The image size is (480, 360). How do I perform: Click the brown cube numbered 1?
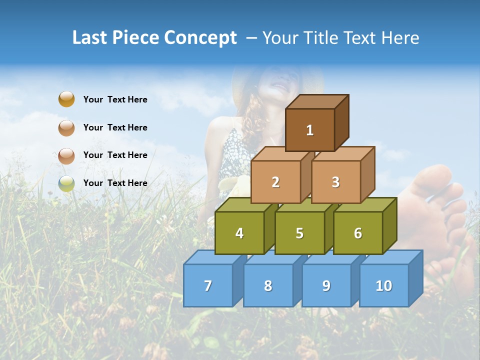(310, 130)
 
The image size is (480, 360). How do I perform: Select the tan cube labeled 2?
(275, 182)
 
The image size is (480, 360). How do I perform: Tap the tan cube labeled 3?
(335, 182)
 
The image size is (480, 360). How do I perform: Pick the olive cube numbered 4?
(239, 233)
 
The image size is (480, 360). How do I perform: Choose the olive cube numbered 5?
(299, 233)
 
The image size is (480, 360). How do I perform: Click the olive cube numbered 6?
(358, 233)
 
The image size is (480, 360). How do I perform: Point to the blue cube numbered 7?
(208, 285)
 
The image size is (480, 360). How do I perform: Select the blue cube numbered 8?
(268, 285)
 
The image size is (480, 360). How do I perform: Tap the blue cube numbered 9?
(326, 285)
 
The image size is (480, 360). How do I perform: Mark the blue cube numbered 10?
(384, 285)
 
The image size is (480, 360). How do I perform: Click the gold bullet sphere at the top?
(66, 99)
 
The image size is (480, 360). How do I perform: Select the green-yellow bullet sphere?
(66, 183)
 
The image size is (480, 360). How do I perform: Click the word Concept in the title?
(200, 38)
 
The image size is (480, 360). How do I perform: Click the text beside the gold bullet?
(115, 99)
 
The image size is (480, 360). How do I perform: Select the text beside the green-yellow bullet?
(115, 183)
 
